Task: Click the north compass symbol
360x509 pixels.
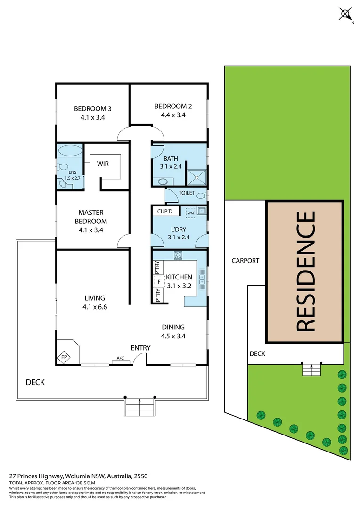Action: [345, 14]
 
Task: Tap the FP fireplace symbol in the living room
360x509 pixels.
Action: [64, 358]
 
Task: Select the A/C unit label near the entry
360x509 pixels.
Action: [121, 359]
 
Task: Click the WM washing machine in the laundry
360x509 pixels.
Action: [191, 213]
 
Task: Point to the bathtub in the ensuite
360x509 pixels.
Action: [69, 152]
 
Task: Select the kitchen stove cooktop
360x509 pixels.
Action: [178, 255]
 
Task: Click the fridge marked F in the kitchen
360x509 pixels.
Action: [159, 282]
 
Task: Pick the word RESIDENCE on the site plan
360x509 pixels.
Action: [305, 271]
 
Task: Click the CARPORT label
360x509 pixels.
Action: [245, 260]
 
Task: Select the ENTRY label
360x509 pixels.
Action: [140, 348]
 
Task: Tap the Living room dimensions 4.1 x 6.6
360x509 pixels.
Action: [95, 306]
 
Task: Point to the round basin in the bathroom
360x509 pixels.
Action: [163, 181]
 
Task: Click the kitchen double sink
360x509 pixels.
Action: [202, 279]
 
